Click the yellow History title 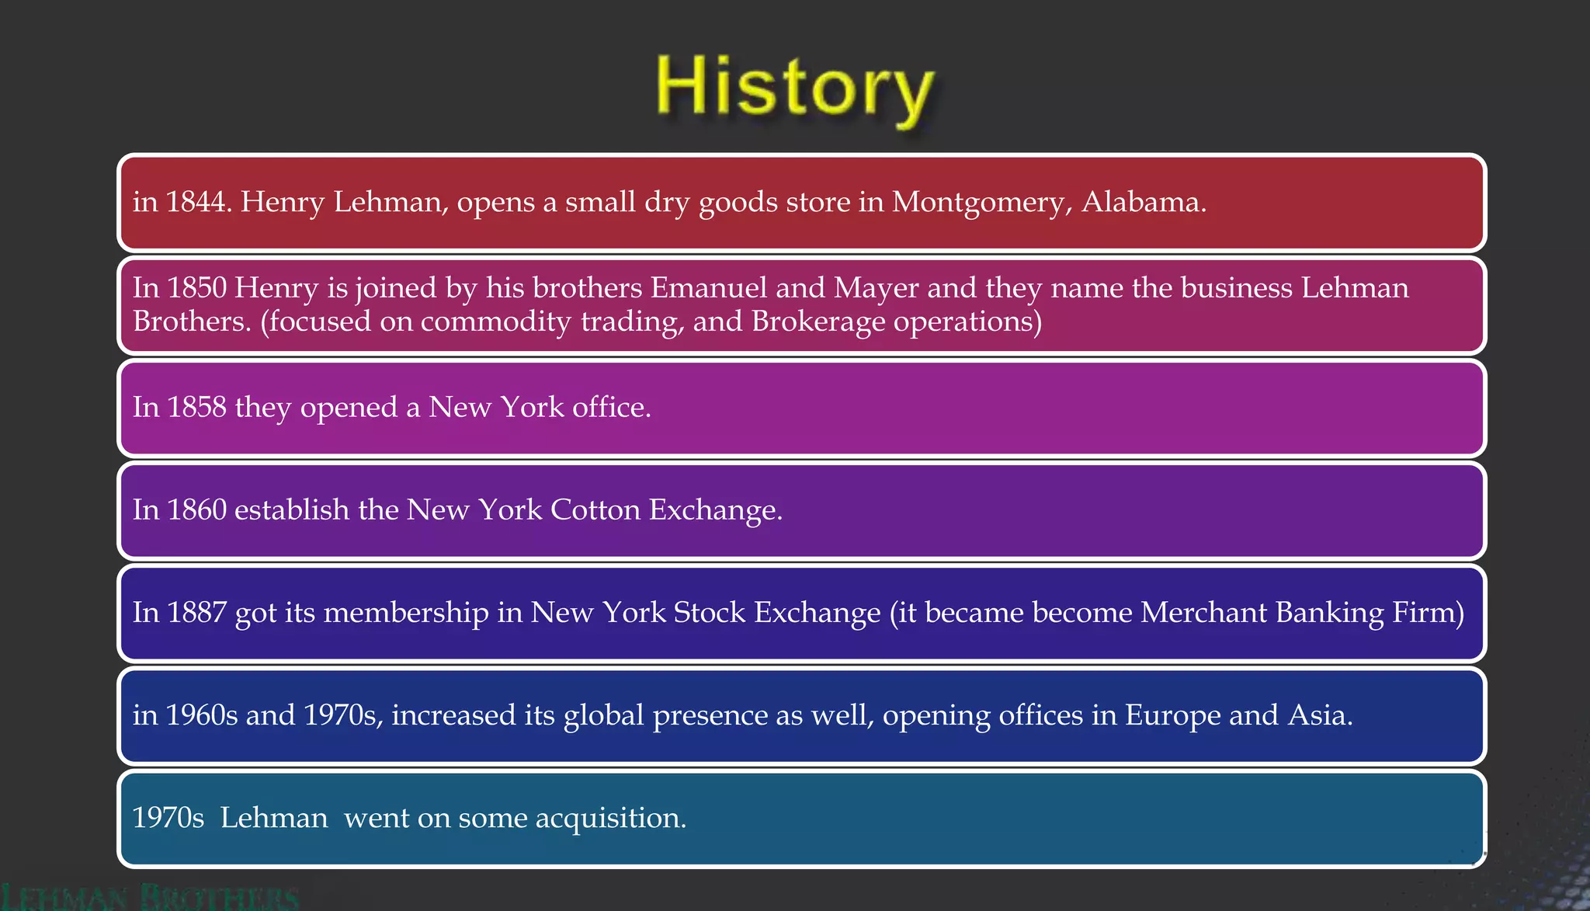click(794, 89)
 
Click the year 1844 click(198, 202)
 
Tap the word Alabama click(1143, 202)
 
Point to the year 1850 click(197, 288)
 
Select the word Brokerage click(818, 322)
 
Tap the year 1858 click(197, 407)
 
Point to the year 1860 click(197, 509)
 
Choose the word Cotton click(595, 509)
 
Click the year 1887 click(197, 612)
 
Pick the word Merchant click(1203, 612)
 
